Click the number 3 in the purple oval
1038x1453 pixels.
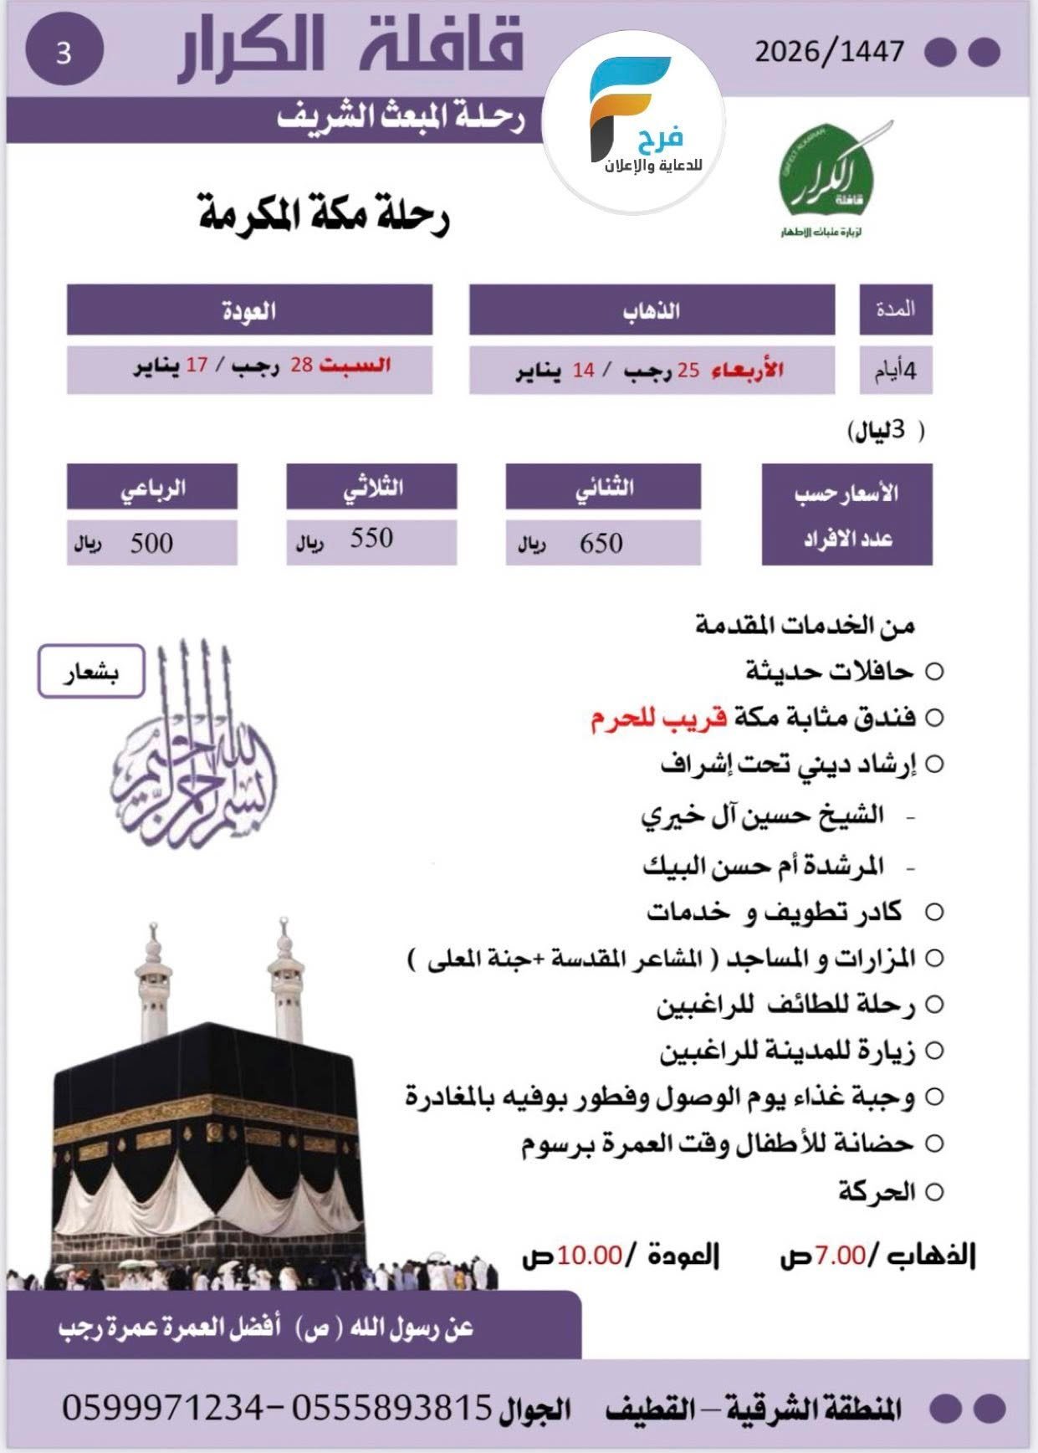click(64, 52)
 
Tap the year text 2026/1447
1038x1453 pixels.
click(829, 52)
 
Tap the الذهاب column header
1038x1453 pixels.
click(652, 310)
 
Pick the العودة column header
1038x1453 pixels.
click(249, 310)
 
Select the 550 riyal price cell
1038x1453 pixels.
click(371, 540)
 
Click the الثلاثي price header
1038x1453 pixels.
click(371, 487)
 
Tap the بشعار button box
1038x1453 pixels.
click(91, 671)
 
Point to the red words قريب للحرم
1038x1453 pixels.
click(659, 718)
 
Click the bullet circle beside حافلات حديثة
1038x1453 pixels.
click(934, 672)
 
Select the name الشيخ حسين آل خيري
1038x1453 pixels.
click(762, 815)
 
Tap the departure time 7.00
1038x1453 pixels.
click(840, 1256)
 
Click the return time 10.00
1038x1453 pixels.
click(591, 1256)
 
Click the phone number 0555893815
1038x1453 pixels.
click(391, 1408)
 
